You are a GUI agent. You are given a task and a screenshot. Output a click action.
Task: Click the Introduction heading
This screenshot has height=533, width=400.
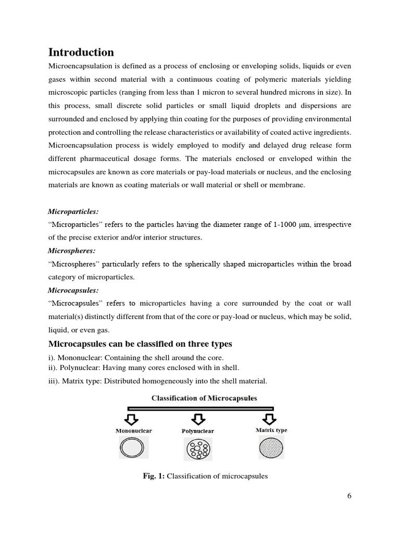(81, 52)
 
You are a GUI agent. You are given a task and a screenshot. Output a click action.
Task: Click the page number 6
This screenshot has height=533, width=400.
(349, 496)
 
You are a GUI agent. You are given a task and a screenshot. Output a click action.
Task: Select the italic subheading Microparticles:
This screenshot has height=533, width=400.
(73, 212)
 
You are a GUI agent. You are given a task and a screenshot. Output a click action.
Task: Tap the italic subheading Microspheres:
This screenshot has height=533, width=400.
(72, 251)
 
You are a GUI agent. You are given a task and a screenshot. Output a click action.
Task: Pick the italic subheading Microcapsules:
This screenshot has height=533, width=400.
(73, 290)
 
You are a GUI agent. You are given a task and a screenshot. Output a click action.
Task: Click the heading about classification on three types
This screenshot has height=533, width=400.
(140, 344)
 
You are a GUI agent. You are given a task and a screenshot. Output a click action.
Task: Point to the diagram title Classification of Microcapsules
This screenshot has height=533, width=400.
(204, 398)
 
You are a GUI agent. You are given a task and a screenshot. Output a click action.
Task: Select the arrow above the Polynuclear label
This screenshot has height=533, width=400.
(197, 420)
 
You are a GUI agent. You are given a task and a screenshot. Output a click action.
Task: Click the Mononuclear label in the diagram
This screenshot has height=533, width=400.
(133, 431)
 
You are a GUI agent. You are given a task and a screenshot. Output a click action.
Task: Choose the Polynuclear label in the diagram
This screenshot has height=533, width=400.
(197, 432)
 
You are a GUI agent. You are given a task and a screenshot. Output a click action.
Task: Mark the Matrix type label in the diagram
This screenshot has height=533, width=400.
(271, 430)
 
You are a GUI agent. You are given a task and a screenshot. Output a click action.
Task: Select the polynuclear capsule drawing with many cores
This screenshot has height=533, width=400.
(198, 448)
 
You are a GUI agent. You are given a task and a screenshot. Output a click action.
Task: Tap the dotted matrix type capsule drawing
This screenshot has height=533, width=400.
(271, 447)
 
